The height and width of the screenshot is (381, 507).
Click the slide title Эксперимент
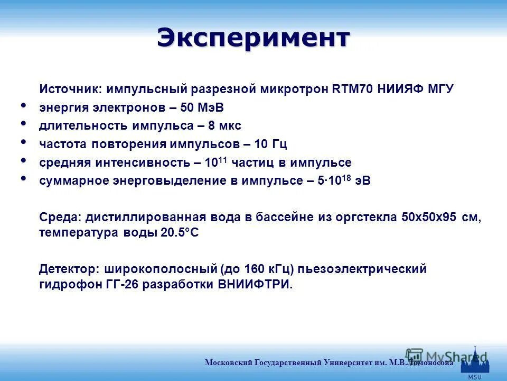pyautogui.click(x=253, y=38)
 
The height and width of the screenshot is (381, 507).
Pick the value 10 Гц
pyautogui.click(x=271, y=144)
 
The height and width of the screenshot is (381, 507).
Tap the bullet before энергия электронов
pyautogui.click(x=23, y=106)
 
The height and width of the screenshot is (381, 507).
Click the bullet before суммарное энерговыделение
pyautogui.click(x=23, y=178)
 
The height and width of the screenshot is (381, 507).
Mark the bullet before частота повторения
pyautogui.click(x=23, y=142)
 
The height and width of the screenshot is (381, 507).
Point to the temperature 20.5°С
pyautogui.click(x=180, y=233)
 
